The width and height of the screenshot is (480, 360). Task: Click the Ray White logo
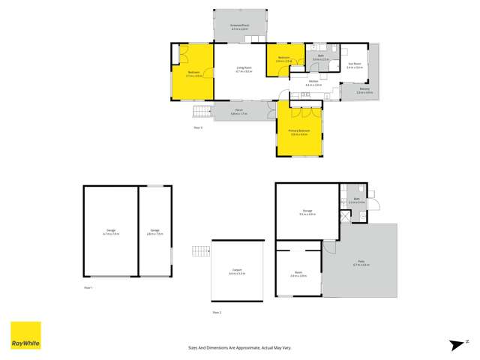coord(25,335)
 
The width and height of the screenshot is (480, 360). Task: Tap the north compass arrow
coord(454,344)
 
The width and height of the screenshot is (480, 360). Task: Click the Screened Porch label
coord(240,25)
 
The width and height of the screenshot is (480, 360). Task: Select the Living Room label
coord(243,70)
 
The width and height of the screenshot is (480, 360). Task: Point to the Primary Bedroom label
coord(299,132)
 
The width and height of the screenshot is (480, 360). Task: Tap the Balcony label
coord(364,91)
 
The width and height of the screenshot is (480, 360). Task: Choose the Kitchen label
coord(313,84)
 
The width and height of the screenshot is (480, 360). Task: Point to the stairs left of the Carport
coord(199,250)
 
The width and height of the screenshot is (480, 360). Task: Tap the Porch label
coord(239,112)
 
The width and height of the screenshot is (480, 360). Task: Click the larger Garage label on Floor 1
coord(110,232)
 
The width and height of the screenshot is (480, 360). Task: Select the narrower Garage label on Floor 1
coord(155,232)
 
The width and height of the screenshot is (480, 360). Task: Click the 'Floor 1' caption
coord(88,287)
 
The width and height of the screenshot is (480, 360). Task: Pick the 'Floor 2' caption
coord(217,311)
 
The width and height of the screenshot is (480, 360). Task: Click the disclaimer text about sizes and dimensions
coord(240,348)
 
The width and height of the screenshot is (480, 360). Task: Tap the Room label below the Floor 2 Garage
coord(298,275)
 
